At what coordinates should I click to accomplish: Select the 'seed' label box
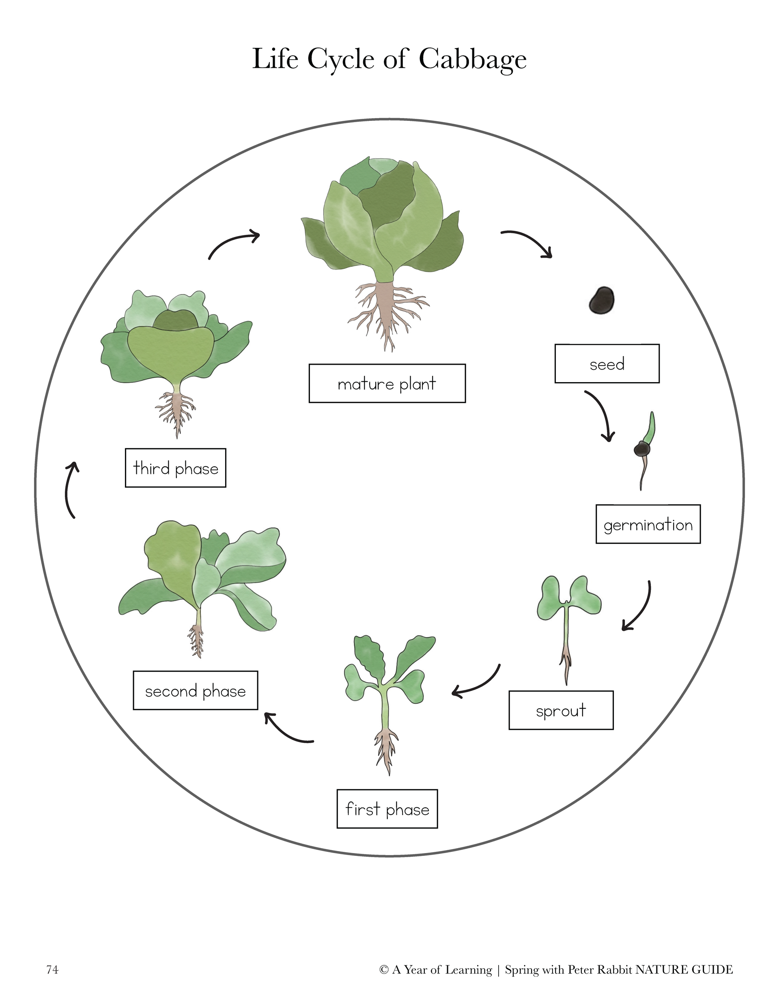[x=607, y=364]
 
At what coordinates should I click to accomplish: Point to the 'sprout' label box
[x=561, y=710]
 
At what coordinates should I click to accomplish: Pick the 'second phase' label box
[x=195, y=690]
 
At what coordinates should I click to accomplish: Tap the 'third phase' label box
[x=175, y=468]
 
